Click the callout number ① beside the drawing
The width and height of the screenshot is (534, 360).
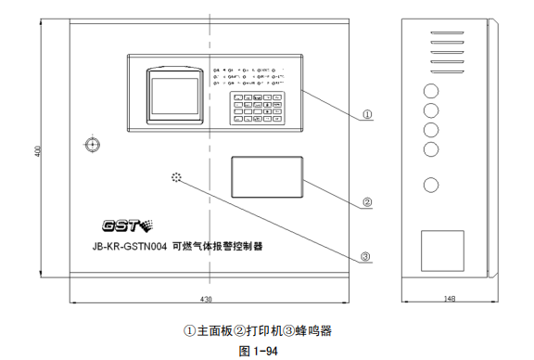click(x=367, y=115)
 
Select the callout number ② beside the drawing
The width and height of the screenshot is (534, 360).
click(x=367, y=201)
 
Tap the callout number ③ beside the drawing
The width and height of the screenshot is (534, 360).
click(x=366, y=257)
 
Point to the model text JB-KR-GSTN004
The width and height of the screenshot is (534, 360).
click(x=129, y=249)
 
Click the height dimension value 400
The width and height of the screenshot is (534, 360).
click(x=38, y=151)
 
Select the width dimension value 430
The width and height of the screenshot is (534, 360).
click(x=205, y=299)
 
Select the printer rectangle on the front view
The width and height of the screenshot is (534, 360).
click(x=268, y=175)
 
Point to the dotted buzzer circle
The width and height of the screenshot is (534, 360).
click(x=175, y=177)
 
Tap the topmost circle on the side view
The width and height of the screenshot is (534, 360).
click(x=431, y=92)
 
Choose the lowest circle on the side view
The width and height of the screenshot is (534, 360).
click(x=431, y=184)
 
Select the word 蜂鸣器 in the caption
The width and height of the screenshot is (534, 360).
click(x=313, y=330)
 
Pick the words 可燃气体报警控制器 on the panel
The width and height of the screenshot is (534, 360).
click(x=218, y=249)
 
